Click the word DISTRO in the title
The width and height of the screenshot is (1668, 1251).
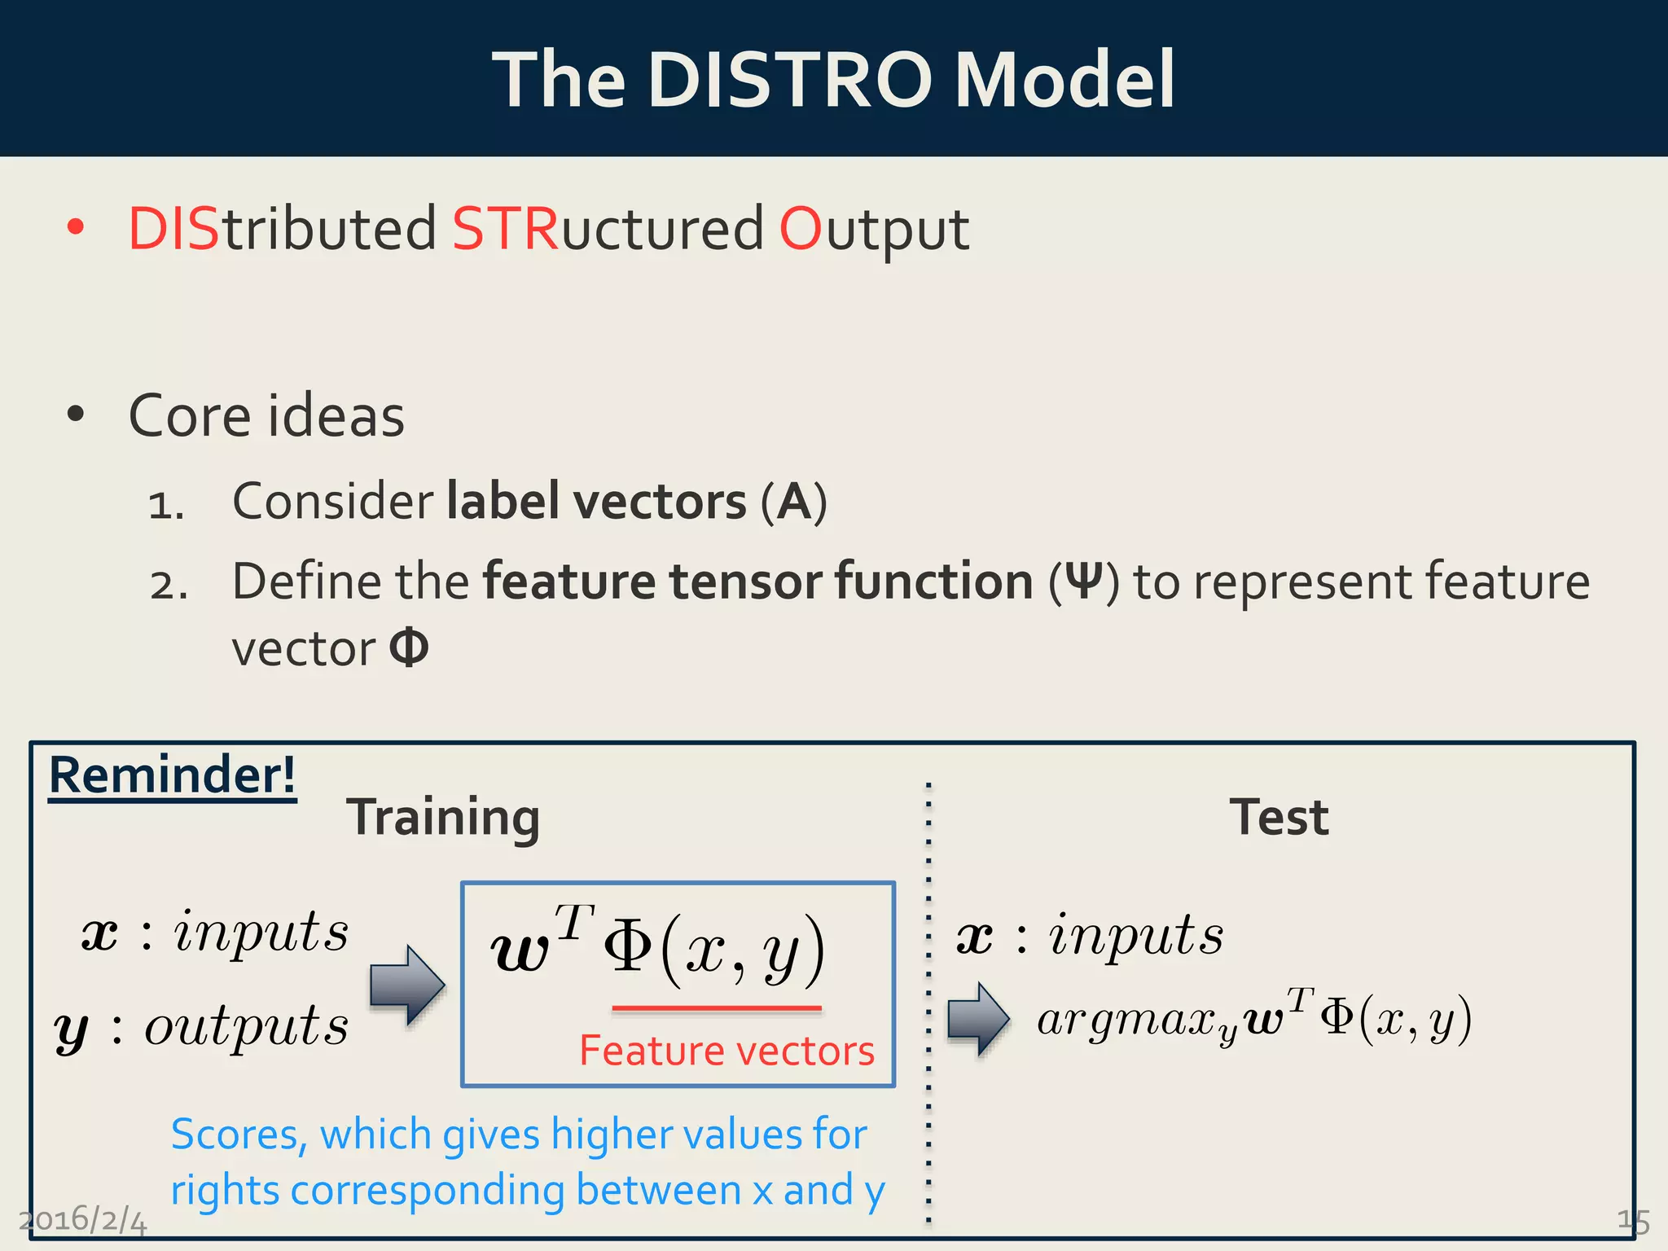pyautogui.click(x=790, y=79)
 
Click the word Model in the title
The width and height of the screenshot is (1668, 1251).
pyautogui.click(x=1064, y=79)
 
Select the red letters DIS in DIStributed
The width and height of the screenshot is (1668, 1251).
pyautogui.click(x=173, y=229)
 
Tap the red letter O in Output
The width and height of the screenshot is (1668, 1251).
pyautogui.click(x=801, y=229)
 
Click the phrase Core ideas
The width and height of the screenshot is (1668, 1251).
pyautogui.click(x=266, y=416)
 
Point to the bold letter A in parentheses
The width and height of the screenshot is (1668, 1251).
pyautogui.click(x=794, y=502)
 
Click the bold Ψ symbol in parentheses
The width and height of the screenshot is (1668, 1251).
pyautogui.click(x=1083, y=582)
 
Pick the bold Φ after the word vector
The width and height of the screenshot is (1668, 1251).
pyautogui.click(x=409, y=648)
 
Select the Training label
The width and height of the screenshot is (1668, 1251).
pyautogui.click(x=443, y=817)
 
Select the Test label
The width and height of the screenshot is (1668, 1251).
pyautogui.click(x=1279, y=817)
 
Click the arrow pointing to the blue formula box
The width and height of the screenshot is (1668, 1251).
pyautogui.click(x=406, y=985)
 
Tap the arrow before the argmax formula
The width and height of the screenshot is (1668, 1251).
pyautogui.click(x=978, y=1019)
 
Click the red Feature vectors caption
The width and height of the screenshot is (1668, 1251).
pyautogui.click(x=726, y=1050)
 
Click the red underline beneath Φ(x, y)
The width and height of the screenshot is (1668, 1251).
pyautogui.click(x=717, y=1008)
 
